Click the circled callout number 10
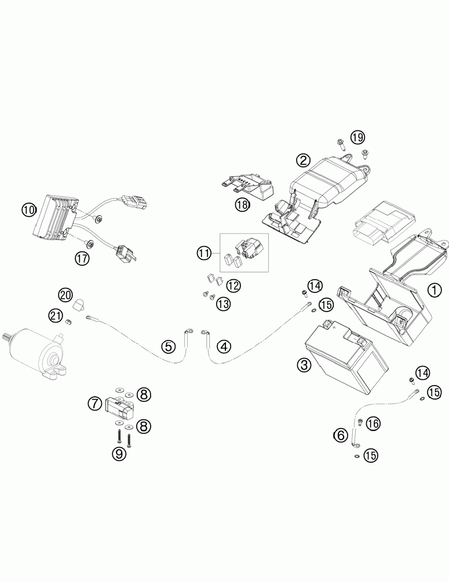point(29,210)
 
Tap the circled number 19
point(357,137)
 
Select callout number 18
point(242,204)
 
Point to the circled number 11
point(203,252)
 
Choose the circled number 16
point(373,423)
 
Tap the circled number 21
point(55,316)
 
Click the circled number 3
point(304,365)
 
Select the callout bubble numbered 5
point(168,347)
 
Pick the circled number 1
point(432,290)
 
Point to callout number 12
point(233,285)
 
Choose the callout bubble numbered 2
point(303,160)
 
